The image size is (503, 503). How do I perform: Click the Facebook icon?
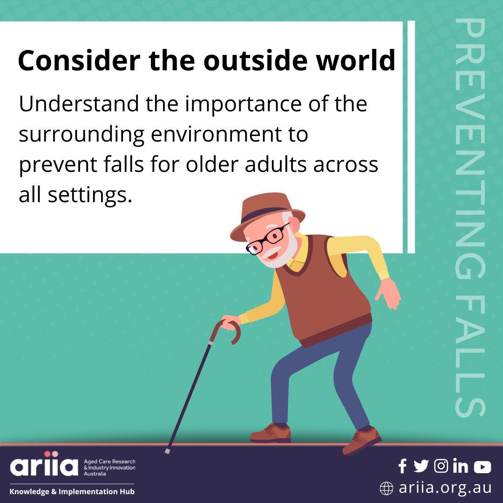point(402,466)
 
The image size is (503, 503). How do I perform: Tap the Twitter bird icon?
point(421,466)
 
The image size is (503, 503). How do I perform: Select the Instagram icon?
point(441,466)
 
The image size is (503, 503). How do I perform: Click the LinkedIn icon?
point(460,466)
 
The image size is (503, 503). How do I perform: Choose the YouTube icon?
point(482,467)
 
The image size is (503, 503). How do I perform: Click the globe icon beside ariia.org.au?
point(386,489)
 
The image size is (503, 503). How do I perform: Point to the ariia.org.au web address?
point(445,488)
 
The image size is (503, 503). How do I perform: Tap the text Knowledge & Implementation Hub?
point(72,491)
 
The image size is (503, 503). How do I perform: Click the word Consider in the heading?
point(79,61)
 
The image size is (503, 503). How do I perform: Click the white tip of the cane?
point(168,451)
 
